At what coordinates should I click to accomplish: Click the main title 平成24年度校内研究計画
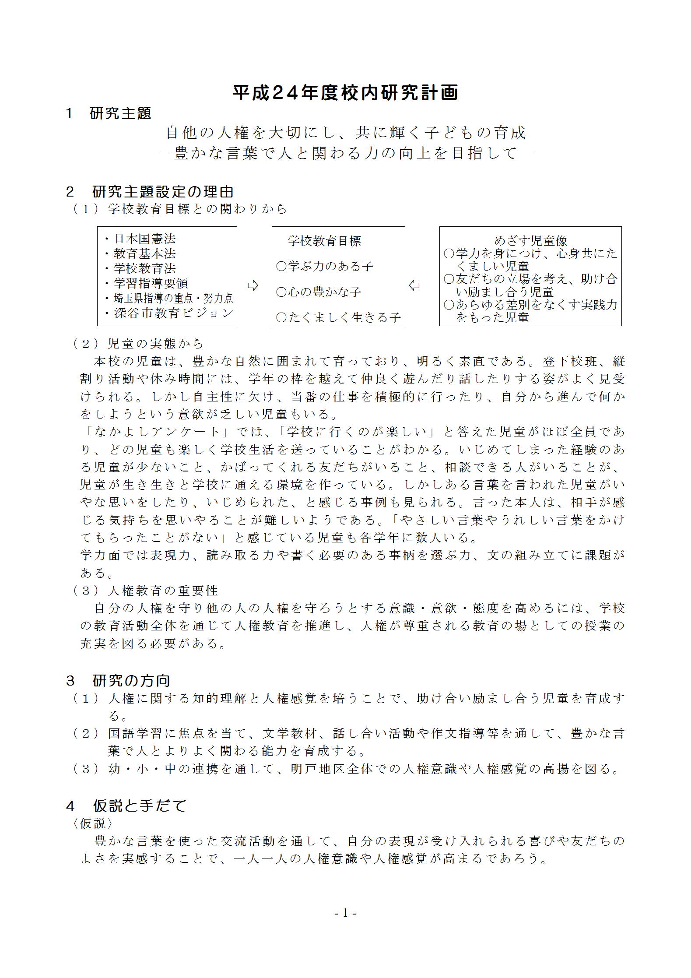[345, 93]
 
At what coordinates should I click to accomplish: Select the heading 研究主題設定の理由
[163, 192]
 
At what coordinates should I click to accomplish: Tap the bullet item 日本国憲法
[144, 239]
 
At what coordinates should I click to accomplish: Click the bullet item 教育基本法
[144, 254]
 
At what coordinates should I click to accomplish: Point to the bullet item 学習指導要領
[151, 283]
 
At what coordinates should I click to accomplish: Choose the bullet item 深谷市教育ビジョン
[173, 313]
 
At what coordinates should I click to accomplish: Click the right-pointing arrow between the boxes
[253, 286]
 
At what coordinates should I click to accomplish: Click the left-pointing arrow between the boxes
[414, 286]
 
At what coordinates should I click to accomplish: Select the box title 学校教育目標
[324, 241]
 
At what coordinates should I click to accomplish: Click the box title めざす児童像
[530, 240]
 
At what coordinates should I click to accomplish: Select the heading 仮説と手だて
[140, 806]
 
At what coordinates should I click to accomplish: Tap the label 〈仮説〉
[93, 823]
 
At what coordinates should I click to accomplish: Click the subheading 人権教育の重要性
[163, 591]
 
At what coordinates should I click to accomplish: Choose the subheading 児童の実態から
[156, 343]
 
